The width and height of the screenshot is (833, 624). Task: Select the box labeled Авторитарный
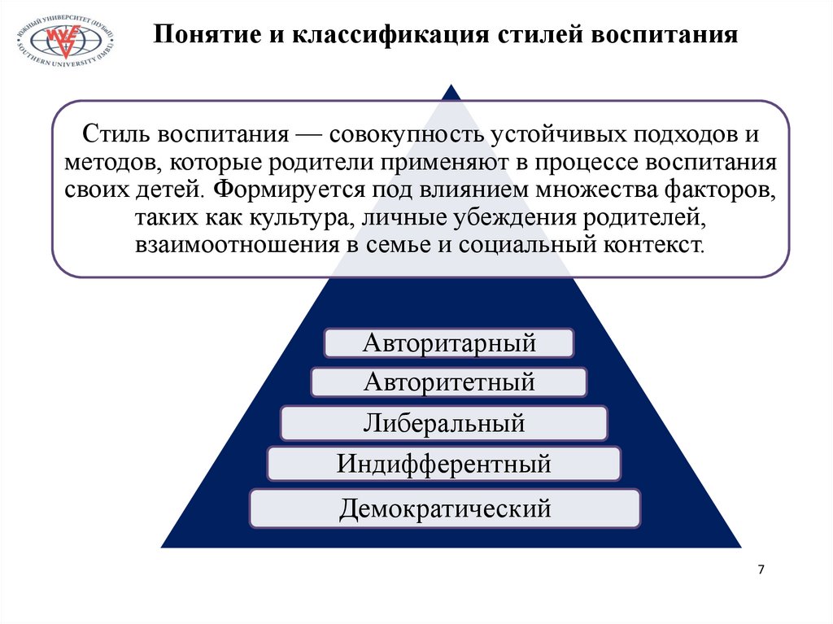point(449,343)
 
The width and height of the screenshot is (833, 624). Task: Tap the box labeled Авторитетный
point(449,381)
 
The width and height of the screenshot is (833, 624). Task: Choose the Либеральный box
point(443,423)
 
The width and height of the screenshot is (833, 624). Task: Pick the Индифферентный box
point(444,465)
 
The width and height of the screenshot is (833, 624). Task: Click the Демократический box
point(445,508)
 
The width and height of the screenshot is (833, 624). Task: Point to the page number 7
point(761,569)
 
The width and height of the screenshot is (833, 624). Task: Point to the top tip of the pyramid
point(451,84)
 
